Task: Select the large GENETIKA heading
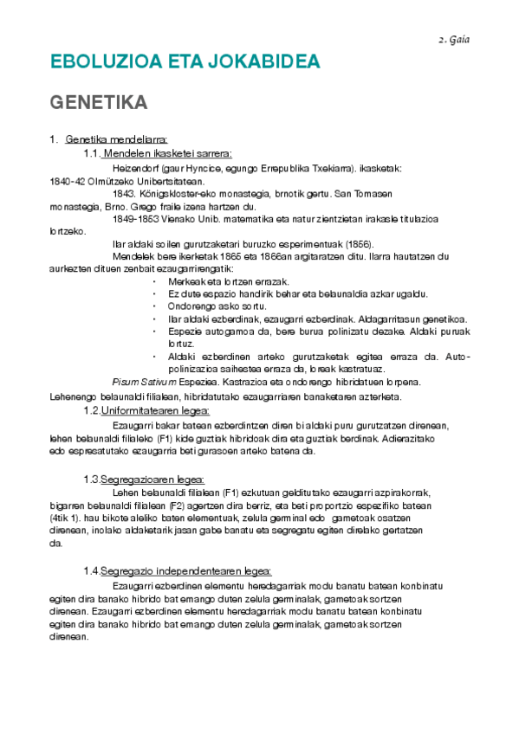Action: pos(98,102)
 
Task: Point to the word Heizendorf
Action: pos(138,168)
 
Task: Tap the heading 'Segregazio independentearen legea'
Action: pos(186,570)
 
